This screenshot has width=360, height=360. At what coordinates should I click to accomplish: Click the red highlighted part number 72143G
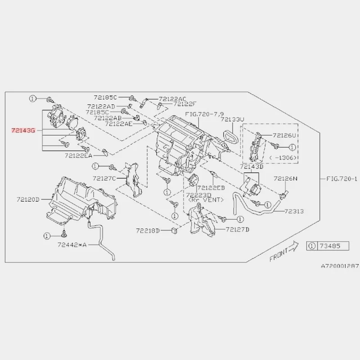pos(23,130)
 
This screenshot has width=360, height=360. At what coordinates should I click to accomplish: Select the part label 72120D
pos(28,199)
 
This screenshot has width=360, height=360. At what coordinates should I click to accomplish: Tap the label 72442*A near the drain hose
pos(72,245)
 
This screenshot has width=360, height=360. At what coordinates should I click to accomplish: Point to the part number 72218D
pos(148,230)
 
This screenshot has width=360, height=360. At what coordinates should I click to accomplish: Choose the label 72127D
pos(238,229)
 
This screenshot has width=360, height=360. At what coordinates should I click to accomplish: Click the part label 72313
pos(294,211)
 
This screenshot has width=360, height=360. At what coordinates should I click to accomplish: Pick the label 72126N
pos(285,178)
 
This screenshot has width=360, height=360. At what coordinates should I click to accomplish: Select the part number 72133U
pos(232,119)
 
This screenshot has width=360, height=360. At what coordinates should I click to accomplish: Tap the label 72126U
pos(284,135)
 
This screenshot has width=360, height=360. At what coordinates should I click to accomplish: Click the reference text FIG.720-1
pos(342,179)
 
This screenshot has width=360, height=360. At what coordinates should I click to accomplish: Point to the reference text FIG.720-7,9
pos(204,114)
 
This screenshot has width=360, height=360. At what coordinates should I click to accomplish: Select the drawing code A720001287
pos(340,266)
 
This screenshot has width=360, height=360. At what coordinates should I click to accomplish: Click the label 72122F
pos(185,104)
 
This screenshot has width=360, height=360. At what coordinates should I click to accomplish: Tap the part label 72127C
pos(104,178)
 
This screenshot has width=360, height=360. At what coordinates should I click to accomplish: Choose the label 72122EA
pos(78,156)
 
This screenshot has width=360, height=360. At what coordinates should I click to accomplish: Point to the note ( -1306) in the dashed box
pos(283,158)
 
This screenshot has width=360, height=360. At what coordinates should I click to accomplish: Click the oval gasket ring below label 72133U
pos(230,135)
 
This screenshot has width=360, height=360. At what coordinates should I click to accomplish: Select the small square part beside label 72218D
pos(175,230)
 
